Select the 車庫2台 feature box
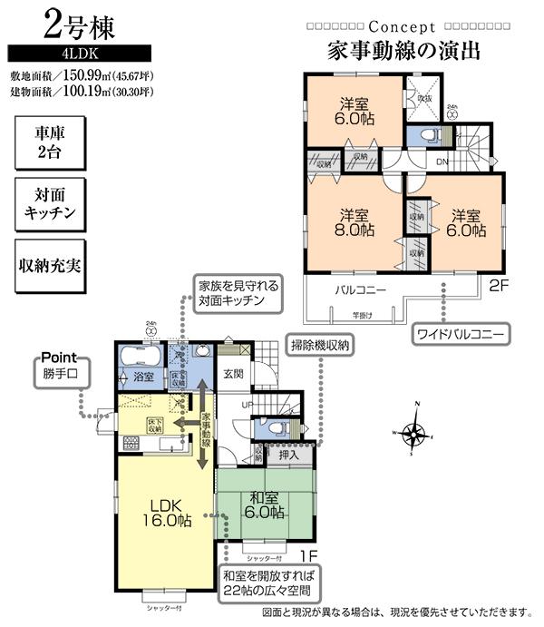pos(52,142)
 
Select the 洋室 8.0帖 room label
pos(354,222)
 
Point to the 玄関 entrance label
pos(234,373)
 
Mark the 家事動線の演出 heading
pos(391,50)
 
